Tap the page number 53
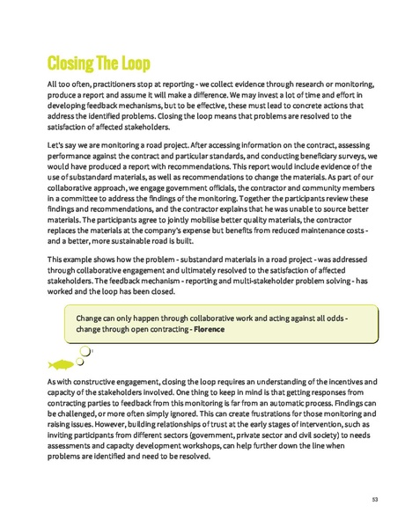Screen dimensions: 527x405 tap(374, 499)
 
